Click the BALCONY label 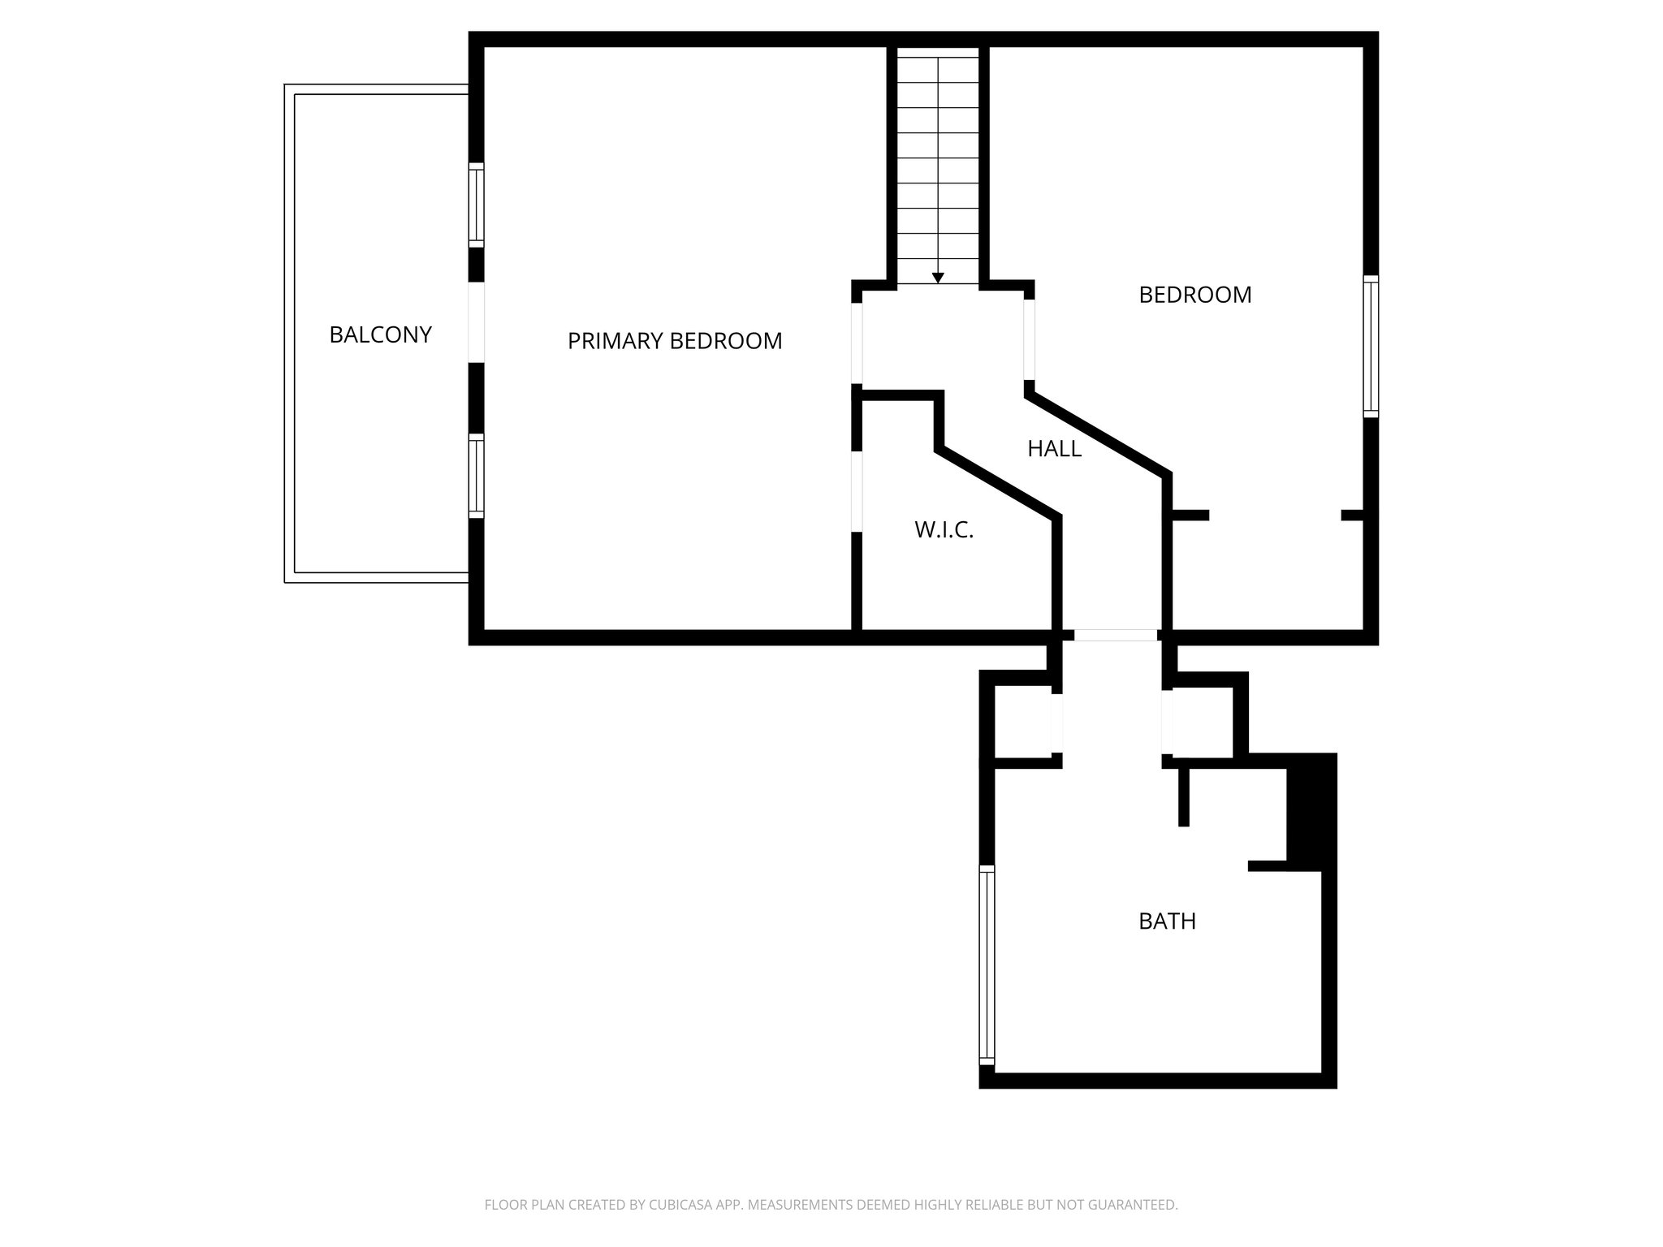click(380, 334)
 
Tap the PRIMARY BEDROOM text click(674, 341)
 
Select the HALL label click(1054, 448)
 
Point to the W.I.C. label click(944, 530)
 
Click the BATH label click(1167, 921)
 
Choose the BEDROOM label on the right click(1194, 295)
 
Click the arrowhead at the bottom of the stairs click(938, 278)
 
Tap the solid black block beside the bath click(1311, 812)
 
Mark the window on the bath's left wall click(987, 964)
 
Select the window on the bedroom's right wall click(1371, 346)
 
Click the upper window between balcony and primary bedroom click(477, 205)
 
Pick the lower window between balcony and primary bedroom click(477, 476)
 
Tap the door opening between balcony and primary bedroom click(477, 321)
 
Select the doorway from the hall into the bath click(1116, 635)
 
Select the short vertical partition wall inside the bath click(1183, 796)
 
